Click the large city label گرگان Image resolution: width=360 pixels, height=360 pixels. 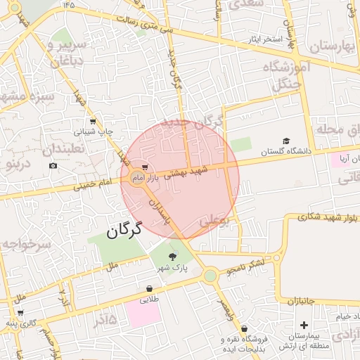[x=124, y=229]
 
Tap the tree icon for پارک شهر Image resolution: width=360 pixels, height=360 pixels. [x=173, y=257]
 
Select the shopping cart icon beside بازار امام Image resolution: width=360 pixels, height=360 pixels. [x=144, y=167]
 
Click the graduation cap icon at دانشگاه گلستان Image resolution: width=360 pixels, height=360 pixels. [x=285, y=141]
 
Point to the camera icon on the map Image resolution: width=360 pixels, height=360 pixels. [x=53, y=166]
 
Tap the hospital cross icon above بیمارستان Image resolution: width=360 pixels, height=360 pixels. [x=304, y=325]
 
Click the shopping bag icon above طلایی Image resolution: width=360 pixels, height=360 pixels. [x=149, y=288]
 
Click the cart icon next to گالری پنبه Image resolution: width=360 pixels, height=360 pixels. [x=20, y=314]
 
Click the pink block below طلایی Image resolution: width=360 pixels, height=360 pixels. [x=143, y=314]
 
